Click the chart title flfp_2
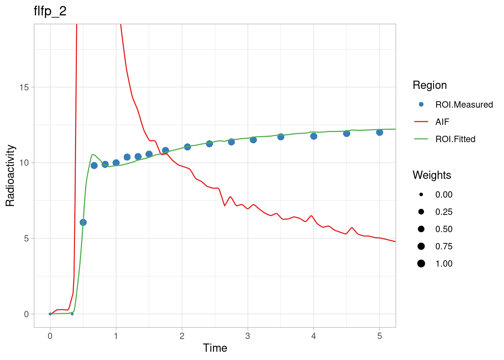pos(50,11)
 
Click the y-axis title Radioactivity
pos(10,175)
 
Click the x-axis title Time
pos(215,348)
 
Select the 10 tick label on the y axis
pos(24,163)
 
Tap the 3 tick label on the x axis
pos(247,336)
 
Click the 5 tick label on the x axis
pos(379,336)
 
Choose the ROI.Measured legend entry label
pos(464,105)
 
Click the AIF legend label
pos(442,122)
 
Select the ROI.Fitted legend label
pos(455,139)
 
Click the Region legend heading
pos(429,85)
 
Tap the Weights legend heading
pos(432,175)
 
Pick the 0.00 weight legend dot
pos(421,195)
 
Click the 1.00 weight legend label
pos(444,264)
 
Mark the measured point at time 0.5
pos(83,222)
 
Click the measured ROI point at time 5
pos(379,132)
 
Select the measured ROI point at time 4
pos(313,136)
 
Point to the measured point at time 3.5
pos(280,137)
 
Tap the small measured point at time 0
pos(50,314)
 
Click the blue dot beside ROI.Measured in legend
pos(421,105)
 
